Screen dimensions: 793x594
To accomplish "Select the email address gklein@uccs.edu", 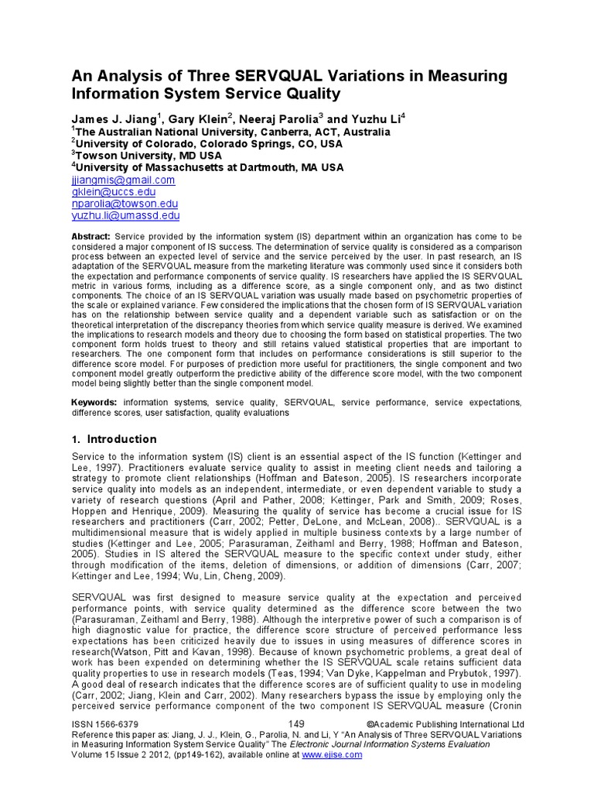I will click(114, 192).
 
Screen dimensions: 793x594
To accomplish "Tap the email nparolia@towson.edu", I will click(125, 204).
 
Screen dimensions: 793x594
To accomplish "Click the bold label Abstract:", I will click(91, 236).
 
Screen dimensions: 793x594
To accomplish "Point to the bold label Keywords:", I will click(94, 403).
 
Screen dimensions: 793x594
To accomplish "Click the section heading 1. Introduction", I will click(111, 438).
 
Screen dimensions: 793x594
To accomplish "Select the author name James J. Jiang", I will click(113, 119).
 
